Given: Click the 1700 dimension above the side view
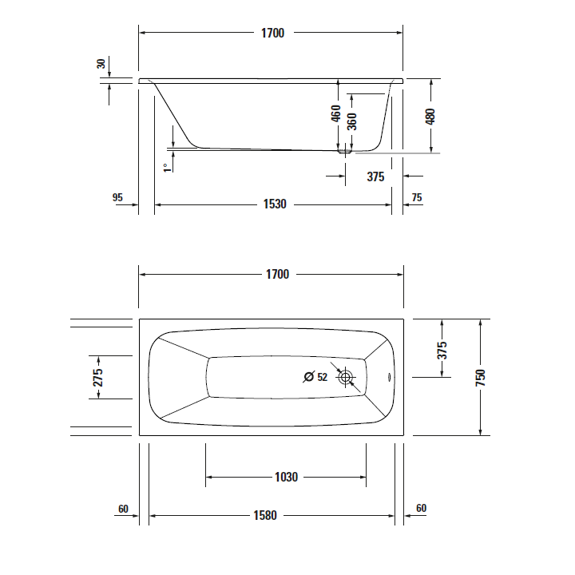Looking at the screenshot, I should click(272, 33).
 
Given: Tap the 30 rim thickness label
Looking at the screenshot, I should click(101, 64).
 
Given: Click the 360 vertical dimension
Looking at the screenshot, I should click(352, 121).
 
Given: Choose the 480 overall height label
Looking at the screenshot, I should click(431, 116).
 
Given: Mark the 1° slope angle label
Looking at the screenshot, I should click(166, 167).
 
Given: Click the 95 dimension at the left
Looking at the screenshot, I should click(117, 197).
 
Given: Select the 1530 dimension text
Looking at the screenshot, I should click(274, 204).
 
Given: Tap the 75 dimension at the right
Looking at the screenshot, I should click(416, 197).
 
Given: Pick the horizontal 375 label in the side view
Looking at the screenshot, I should click(375, 176).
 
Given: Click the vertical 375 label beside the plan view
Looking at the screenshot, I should click(442, 350).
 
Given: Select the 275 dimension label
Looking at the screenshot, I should click(98, 377).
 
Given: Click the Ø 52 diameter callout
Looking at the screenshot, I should click(316, 378).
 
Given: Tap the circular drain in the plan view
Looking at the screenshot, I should click(347, 379).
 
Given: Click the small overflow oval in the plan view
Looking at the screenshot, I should click(390, 379).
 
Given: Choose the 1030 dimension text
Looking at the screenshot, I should click(286, 478).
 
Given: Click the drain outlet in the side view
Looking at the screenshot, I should click(346, 149).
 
